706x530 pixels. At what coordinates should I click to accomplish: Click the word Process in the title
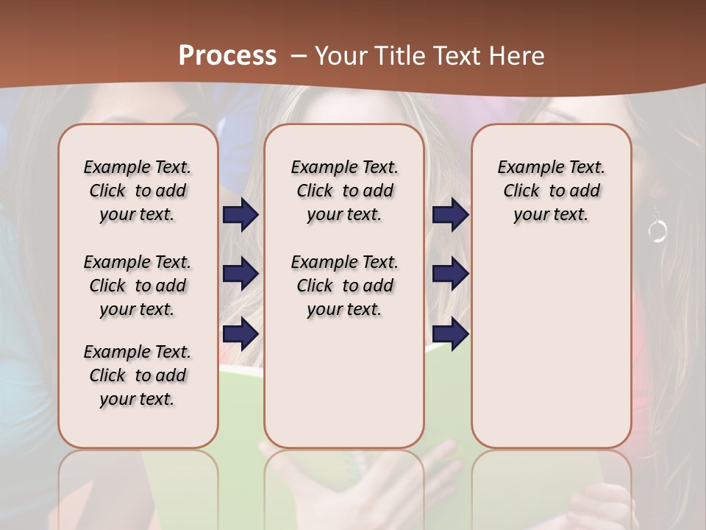click(x=227, y=55)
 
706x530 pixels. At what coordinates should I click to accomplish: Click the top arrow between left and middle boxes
click(x=240, y=215)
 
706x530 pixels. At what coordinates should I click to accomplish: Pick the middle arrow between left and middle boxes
click(x=240, y=274)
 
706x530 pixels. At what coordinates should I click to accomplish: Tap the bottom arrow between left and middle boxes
click(x=240, y=333)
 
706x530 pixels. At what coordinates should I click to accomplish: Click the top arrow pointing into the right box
click(x=450, y=215)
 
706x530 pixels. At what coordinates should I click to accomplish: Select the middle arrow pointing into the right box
click(x=450, y=274)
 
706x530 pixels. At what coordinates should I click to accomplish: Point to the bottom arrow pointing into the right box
click(x=450, y=333)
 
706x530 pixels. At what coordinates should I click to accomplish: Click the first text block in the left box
click(x=138, y=191)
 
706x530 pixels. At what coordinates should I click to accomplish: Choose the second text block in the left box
click(x=138, y=286)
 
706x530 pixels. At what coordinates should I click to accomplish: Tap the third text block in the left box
click(x=138, y=375)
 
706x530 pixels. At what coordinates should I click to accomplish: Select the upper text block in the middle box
click(x=344, y=191)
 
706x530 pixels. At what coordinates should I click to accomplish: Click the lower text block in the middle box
click(x=344, y=286)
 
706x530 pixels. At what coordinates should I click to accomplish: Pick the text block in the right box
click(x=552, y=191)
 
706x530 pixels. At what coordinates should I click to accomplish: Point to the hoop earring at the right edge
click(x=657, y=230)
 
